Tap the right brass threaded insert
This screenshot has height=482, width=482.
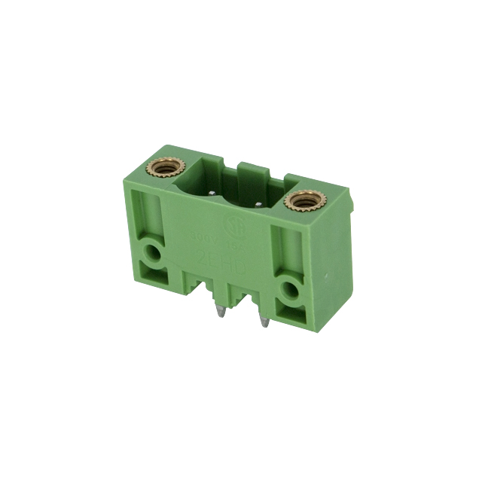(x=303, y=200)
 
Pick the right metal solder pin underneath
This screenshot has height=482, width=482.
(x=263, y=322)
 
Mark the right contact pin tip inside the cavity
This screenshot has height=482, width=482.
(x=260, y=203)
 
